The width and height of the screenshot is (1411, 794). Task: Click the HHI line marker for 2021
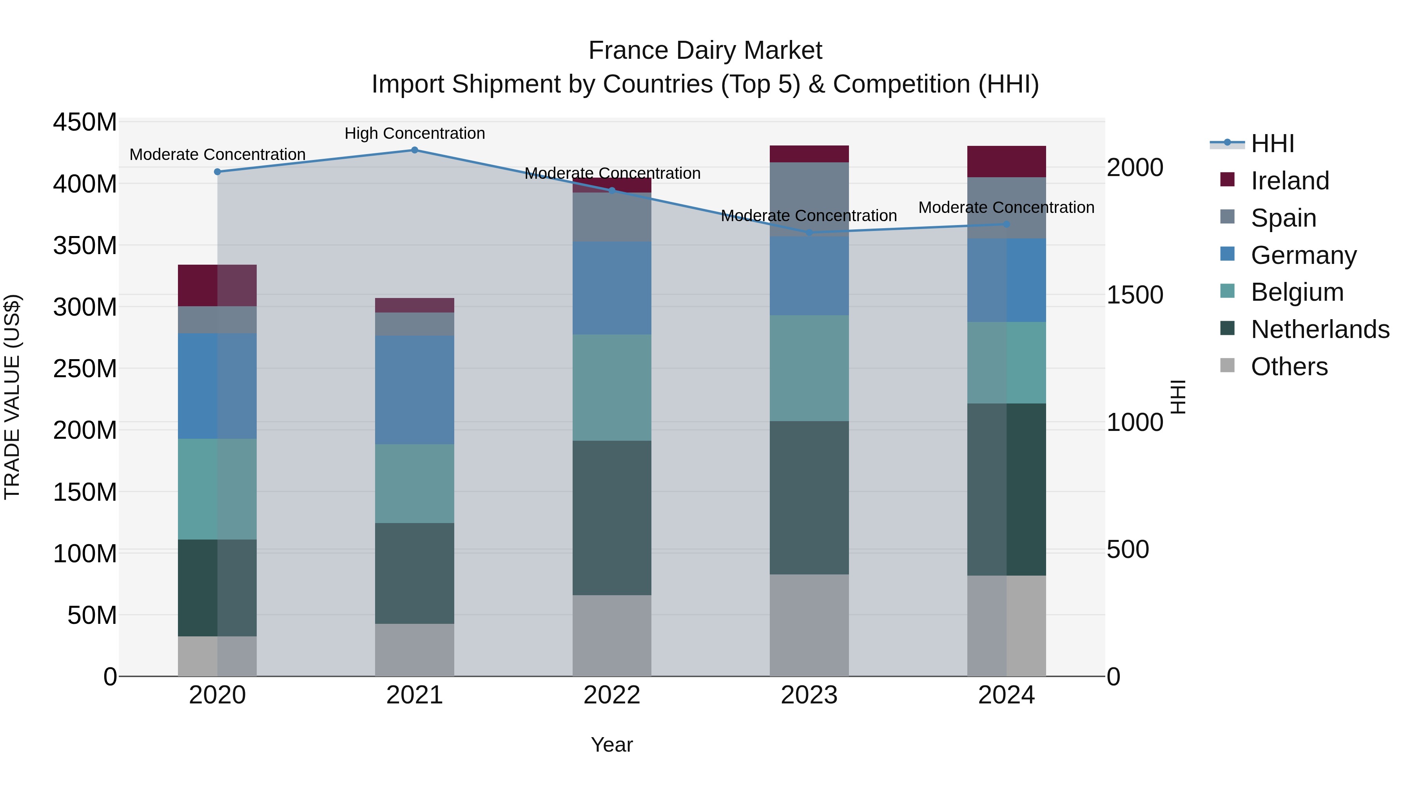coord(415,150)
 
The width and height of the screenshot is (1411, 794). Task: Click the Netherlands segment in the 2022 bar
coord(612,518)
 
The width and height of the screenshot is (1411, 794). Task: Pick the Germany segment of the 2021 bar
coord(415,390)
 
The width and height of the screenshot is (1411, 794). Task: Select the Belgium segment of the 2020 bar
coord(218,489)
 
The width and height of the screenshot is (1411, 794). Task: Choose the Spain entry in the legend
coord(1283,218)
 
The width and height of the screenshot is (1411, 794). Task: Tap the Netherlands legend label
coord(1320,329)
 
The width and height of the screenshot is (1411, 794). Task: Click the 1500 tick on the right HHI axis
coord(1135,295)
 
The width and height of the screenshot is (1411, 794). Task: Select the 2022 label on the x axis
coord(612,695)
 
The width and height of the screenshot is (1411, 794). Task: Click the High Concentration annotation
coord(415,133)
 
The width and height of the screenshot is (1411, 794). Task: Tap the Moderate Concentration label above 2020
coord(218,154)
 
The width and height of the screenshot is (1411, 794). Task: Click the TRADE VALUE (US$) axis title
coord(12,397)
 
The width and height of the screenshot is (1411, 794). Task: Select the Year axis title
coord(612,745)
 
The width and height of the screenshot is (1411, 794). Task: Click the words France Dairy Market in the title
coord(705,51)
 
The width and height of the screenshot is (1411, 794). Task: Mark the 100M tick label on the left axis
coord(85,553)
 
